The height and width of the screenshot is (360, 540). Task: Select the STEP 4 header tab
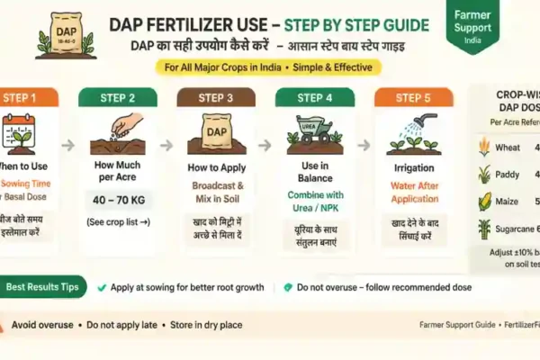315,98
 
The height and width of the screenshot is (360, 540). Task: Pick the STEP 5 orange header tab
413,98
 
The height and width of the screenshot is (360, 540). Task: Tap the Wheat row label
506,147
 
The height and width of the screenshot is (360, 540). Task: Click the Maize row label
506,202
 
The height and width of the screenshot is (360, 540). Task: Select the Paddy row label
506,175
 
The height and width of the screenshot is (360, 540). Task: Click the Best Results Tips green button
44,287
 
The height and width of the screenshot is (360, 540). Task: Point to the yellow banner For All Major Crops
267,67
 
